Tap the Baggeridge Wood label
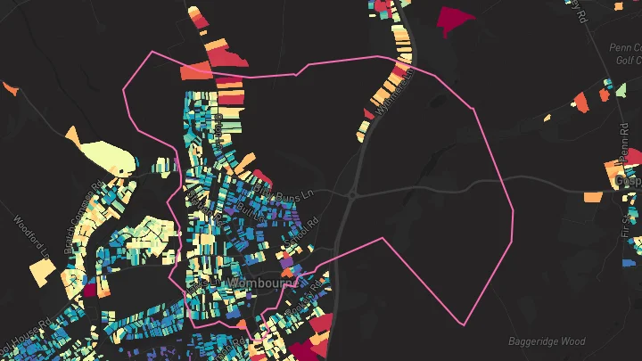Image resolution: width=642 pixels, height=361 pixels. coord(547,341)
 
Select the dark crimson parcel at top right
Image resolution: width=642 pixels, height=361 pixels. coord(454,19)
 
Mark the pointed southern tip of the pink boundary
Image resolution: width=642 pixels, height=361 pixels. coord(462,324)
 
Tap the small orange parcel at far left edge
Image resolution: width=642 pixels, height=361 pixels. coord(10,88)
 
